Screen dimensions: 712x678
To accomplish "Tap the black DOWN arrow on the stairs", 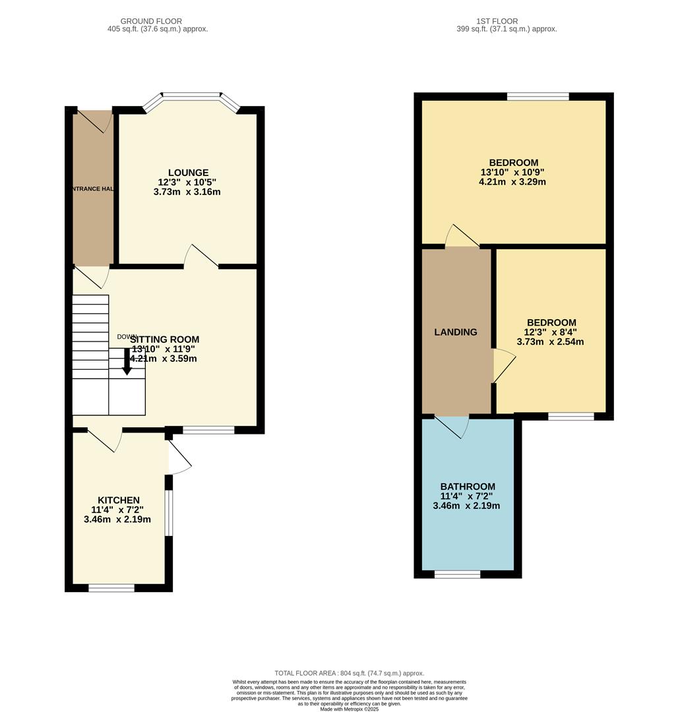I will pyautogui.click(x=127, y=362).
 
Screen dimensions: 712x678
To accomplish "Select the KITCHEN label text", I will pyautogui.click(x=119, y=500).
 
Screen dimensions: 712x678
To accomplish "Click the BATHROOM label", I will pyautogui.click(x=468, y=487).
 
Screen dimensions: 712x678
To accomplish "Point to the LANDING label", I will pyautogui.click(x=455, y=332).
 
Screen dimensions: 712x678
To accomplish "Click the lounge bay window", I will pyautogui.click(x=191, y=97).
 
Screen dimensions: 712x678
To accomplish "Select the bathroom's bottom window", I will pyautogui.click(x=457, y=574).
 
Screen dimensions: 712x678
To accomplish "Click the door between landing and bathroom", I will pyautogui.click(x=452, y=425).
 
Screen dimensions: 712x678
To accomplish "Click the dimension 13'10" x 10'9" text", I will pyautogui.click(x=513, y=173).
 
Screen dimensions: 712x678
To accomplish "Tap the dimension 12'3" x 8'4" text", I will pyautogui.click(x=549, y=332).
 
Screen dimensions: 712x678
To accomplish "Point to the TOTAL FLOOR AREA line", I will pyautogui.click(x=349, y=673).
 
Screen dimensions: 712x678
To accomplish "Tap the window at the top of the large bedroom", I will pyautogui.click(x=538, y=97).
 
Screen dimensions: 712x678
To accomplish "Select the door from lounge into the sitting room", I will pyautogui.click(x=200, y=258).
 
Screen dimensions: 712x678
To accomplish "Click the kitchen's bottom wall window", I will pyautogui.click(x=111, y=587).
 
